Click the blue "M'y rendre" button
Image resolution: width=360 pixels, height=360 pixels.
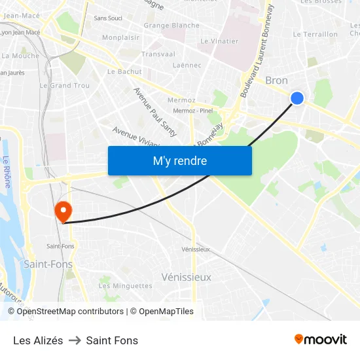click(179, 160)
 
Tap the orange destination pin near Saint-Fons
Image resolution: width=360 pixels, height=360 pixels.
click(63, 211)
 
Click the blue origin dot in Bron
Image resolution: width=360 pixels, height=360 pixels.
click(297, 98)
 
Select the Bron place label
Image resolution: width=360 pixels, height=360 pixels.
click(276, 81)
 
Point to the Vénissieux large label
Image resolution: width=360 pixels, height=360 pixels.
click(187, 277)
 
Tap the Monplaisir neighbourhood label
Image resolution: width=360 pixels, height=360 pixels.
click(120, 38)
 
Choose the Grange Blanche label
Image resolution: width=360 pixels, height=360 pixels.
click(171, 26)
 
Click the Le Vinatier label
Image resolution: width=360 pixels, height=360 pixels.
click(219, 41)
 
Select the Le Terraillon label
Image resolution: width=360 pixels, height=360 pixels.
click(315, 34)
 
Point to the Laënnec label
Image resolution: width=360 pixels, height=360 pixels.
click(187, 65)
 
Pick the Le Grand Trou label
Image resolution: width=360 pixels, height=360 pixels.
click(65, 86)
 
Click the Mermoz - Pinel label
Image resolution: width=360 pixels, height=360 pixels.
click(193, 111)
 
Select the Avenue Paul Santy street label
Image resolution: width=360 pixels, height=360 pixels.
click(155, 112)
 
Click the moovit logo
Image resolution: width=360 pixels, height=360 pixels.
click(321, 339)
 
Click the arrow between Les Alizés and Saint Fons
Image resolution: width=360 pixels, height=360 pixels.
click(75, 340)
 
